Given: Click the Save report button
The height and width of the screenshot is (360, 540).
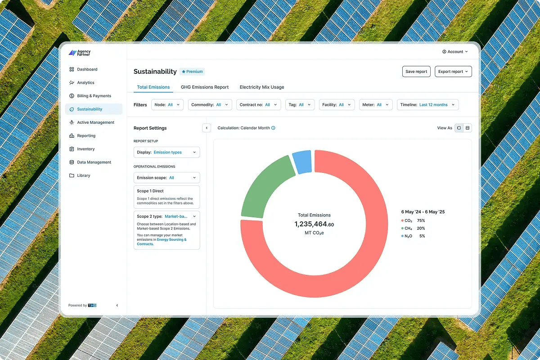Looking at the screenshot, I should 416,72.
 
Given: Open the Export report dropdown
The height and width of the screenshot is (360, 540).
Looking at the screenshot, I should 453,72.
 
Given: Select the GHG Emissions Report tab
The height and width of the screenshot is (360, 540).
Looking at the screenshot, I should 205,87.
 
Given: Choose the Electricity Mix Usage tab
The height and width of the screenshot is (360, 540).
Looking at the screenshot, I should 262,87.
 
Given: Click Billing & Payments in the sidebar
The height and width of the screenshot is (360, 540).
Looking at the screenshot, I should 94,96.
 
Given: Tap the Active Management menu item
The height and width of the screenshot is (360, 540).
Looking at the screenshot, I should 95,122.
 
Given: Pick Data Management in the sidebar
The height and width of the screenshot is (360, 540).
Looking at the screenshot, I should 94,162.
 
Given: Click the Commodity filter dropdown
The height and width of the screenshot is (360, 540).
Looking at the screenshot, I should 210,105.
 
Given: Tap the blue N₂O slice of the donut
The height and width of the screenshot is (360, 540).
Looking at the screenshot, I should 302,162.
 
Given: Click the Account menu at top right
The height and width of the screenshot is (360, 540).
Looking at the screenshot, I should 455,52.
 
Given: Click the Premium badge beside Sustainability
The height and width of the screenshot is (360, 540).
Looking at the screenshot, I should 192,72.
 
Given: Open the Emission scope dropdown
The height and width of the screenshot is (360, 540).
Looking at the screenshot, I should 167,178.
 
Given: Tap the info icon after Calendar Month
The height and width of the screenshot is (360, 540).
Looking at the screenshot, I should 273,128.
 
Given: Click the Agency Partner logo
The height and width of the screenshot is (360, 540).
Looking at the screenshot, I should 80,53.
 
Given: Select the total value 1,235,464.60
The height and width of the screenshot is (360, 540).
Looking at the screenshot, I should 314,224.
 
